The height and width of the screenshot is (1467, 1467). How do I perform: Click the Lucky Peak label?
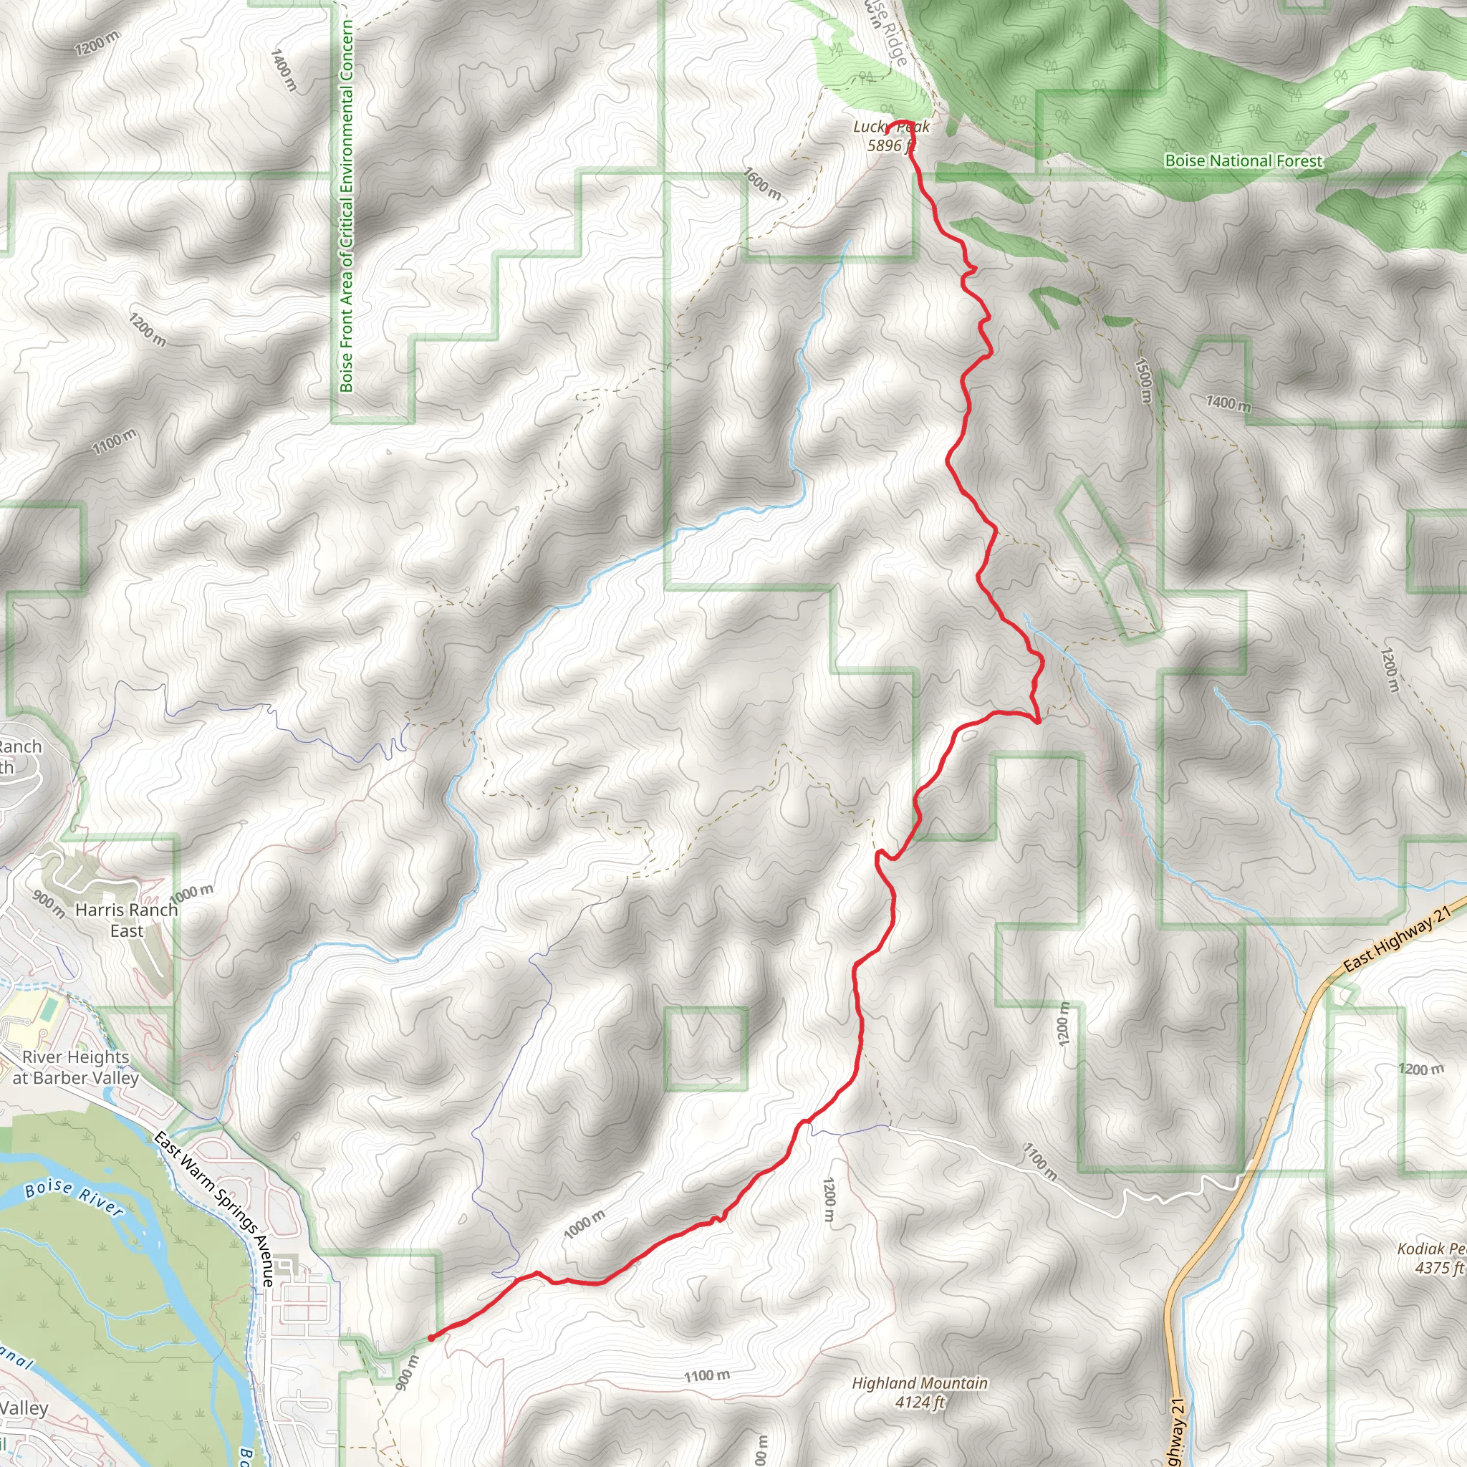890,127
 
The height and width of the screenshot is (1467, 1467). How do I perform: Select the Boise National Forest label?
1243,161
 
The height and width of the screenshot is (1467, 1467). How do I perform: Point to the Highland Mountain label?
920,1383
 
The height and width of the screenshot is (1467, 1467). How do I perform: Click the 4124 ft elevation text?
920,1403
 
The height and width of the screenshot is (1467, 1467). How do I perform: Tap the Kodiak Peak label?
1431,1249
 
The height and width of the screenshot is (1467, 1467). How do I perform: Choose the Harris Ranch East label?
126,920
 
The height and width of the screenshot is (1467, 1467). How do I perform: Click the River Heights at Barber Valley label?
75,1067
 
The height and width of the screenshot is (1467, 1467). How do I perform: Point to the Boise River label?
74,1198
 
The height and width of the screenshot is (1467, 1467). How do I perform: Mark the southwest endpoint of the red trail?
431,1338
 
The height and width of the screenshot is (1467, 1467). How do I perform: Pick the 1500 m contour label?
1143,380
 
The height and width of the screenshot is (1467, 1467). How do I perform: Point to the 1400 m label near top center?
284,70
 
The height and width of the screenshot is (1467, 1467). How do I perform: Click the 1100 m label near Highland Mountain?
706,1376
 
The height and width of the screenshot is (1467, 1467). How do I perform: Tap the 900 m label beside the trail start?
407,1372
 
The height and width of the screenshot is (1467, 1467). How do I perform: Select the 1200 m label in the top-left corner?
97,43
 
